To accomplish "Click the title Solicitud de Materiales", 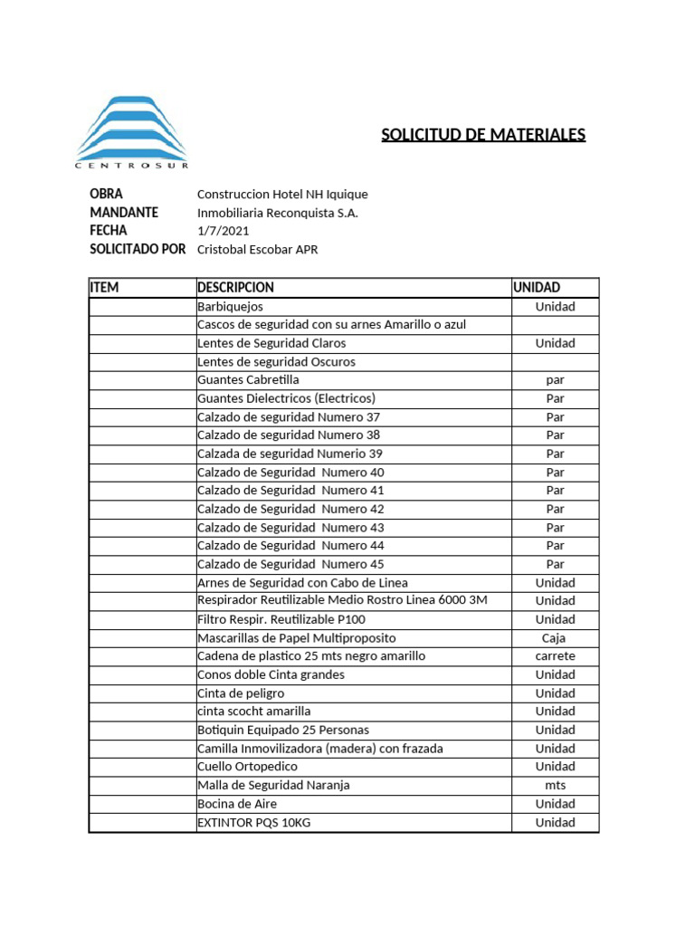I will coord(483,135).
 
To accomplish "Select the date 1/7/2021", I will coord(223,231).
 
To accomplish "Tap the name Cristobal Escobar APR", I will coord(257,250).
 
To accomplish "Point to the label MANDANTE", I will coord(124,213).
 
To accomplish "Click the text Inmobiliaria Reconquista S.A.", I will coord(277,213).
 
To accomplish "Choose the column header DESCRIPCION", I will coord(235,287).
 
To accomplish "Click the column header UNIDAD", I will coord(537,287).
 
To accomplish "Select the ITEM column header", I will coord(104,287).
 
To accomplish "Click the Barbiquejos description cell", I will coord(230,306).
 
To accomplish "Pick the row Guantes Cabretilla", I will coord(248,379).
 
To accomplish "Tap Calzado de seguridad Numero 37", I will coord(289,416).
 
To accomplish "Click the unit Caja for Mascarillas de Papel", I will coord(554,637).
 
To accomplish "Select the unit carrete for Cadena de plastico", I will coord(554,655).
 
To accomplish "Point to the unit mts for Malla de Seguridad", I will coord(554,785).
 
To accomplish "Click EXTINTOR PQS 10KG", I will coord(259,822).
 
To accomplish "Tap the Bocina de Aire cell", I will coord(237,803).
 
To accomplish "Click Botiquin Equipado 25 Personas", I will coord(283,730).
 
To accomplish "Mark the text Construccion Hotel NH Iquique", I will coord(282,195).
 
